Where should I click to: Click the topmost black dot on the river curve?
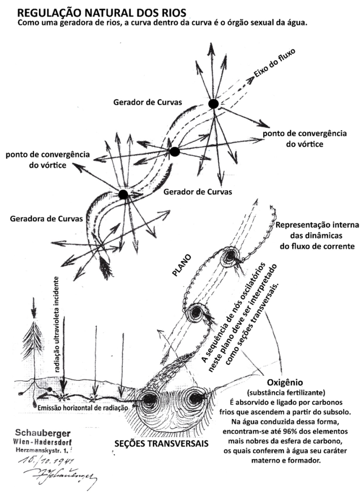(x=213, y=104)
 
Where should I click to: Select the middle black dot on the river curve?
(x=174, y=151)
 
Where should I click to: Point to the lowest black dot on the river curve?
(x=123, y=194)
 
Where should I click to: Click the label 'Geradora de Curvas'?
(x=46, y=219)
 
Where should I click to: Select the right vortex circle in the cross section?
(x=196, y=399)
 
